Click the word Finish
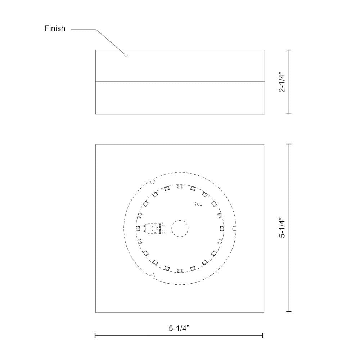55,28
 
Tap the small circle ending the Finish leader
126,55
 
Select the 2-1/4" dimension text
282,82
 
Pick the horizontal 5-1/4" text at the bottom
179,328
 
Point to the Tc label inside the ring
197,204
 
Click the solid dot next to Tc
201,206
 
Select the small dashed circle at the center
180,229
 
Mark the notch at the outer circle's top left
153,181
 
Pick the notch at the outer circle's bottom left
153,276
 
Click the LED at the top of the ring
180,186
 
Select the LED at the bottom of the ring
180,270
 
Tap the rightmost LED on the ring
221,229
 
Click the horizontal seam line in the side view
180,82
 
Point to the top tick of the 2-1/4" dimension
289,50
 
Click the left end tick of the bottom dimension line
95,336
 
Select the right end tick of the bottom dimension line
263,336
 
